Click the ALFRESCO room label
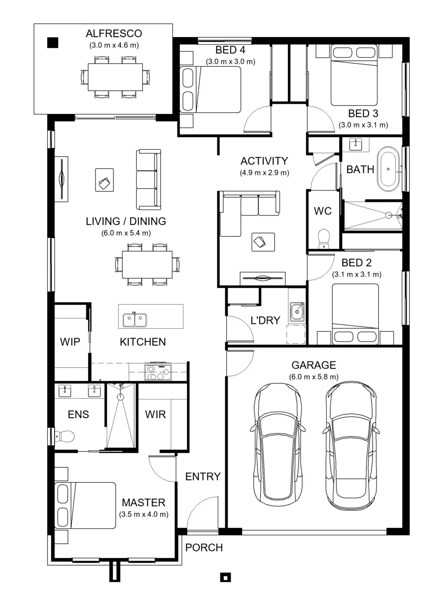[114, 34]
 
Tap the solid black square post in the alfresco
[53, 43]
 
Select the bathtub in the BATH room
[388, 169]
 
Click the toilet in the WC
[324, 239]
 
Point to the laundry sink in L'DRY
[297, 312]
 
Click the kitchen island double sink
[135, 319]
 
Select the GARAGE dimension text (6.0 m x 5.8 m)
[314, 377]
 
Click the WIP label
[70, 342]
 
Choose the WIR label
[155, 415]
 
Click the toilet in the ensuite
[65, 436]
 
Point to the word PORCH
[204, 548]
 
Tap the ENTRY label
[203, 476]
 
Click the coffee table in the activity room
[263, 242]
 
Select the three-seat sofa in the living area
[149, 180]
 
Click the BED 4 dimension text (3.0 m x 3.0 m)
[230, 62]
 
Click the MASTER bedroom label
[143, 503]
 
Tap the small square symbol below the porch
[226, 577]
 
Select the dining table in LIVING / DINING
[147, 264]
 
